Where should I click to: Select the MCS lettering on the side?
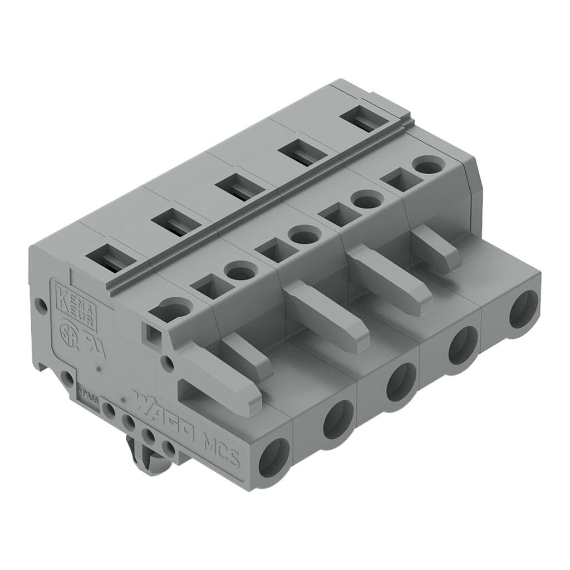(x=220, y=446)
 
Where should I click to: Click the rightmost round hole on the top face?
(x=427, y=166)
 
